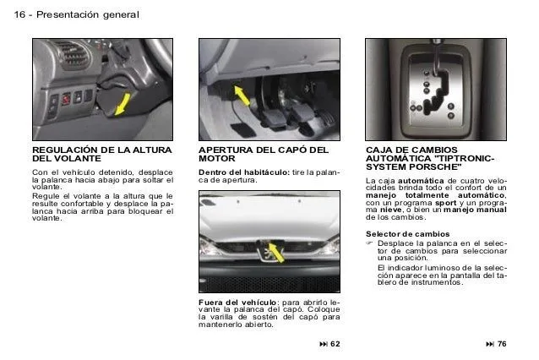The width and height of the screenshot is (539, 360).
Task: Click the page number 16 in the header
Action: click(x=19, y=15)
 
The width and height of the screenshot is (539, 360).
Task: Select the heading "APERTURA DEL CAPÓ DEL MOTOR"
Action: click(x=263, y=154)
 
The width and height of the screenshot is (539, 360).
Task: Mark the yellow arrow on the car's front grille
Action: click(x=272, y=251)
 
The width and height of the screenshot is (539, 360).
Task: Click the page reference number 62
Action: click(x=335, y=344)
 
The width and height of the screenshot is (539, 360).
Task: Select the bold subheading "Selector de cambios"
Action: click(x=402, y=233)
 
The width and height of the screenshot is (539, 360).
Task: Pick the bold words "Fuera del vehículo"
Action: click(x=237, y=302)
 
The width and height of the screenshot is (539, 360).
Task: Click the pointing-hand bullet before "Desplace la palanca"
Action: click(x=370, y=243)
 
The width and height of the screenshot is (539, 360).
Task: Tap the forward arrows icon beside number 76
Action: click(x=489, y=344)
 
